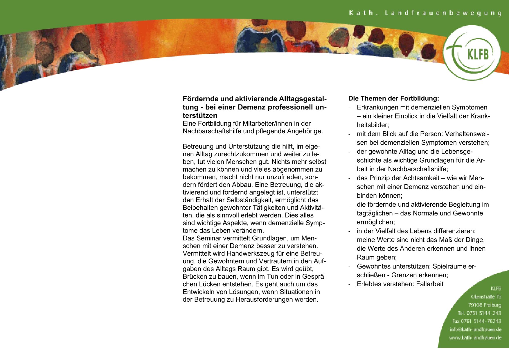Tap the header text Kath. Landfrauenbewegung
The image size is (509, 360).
coord(425,13)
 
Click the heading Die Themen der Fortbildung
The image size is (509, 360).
coord(393,98)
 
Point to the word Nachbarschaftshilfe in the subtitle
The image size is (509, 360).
coord(212,131)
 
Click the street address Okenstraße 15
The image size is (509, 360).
coord(486,297)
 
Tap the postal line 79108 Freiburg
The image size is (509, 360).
coord(484,305)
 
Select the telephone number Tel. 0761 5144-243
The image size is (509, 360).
coord(479,313)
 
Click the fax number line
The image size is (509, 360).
coord(476,321)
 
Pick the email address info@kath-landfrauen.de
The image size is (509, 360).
coord(475,330)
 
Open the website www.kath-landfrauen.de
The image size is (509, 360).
coord(475,338)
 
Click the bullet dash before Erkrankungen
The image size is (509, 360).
coord(350,108)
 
